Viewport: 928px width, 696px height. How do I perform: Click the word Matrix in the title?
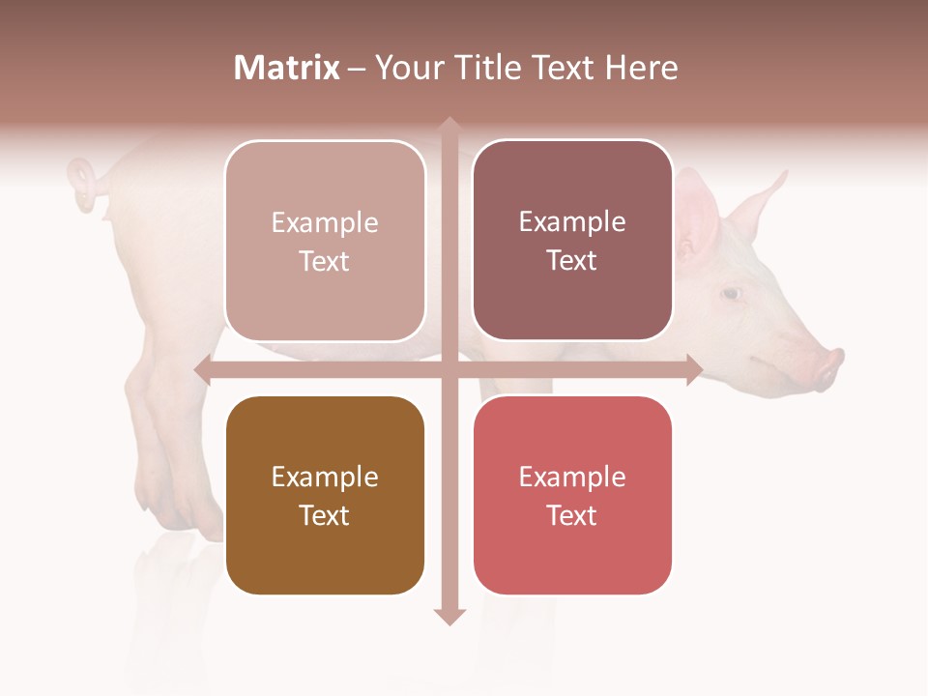[x=286, y=68]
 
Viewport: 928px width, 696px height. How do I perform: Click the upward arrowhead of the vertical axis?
[x=449, y=126]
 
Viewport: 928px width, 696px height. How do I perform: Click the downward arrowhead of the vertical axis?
[x=449, y=616]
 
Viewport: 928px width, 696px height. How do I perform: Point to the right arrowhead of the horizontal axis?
[x=694, y=369]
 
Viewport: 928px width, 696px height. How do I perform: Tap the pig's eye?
[x=732, y=293]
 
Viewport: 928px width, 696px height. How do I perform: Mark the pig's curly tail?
[x=84, y=184]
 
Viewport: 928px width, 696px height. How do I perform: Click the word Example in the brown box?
[x=325, y=478]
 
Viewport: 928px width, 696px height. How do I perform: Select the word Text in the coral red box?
[x=572, y=515]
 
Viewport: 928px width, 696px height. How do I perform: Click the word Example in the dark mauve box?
[x=572, y=222]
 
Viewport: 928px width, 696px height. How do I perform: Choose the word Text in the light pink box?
[x=325, y=261]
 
